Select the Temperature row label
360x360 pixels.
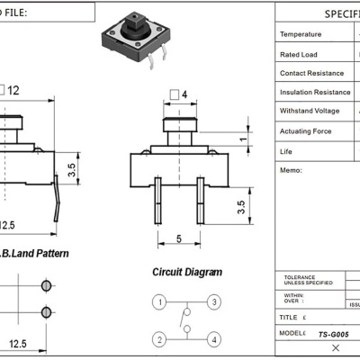[x=301, y=34]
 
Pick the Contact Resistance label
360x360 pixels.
[x=311, y=73]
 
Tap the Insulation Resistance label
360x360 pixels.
[x=315, y=92]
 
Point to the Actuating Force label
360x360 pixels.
[x=306, y=131]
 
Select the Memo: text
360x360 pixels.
[x=292, y=169]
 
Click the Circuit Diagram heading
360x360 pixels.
[x=185, y=272]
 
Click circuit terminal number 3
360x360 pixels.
[x=214, y=301]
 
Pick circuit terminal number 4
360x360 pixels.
[x=214, y=339]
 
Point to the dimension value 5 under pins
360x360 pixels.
[x=179, y=238]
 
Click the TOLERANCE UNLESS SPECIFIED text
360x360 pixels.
[x=308, y=280]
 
